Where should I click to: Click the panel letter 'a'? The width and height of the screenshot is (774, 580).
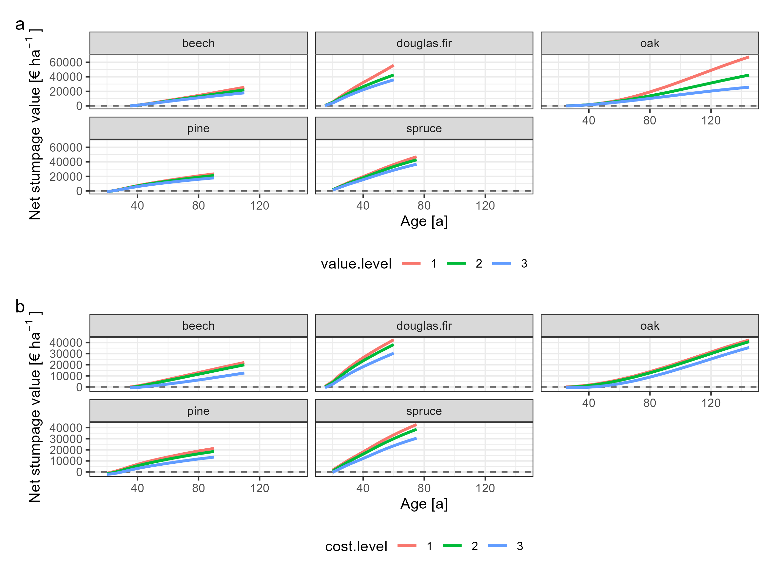click(x=20, y=25)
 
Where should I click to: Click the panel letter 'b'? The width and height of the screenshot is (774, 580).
click(x=20, y=307)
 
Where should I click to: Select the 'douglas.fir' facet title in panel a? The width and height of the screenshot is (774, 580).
click(x=424, y=43)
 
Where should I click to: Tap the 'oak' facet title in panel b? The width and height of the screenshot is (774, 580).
click(x=650, y=326)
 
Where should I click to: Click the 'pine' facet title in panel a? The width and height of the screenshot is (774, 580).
click(x=198, y=128)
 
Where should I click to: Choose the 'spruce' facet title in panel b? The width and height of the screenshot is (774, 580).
click(x=424, y=411)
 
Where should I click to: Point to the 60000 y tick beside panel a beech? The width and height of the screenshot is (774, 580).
click(x=66, y=62)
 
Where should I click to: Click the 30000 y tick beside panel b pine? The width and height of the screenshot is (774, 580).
click(x=66, y=439)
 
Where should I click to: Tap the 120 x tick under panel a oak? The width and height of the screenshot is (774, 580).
click(x=711, y=121)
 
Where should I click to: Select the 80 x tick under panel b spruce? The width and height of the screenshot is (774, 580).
click(x=424, y=488)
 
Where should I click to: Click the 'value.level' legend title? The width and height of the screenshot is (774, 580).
click(x=356, y=264)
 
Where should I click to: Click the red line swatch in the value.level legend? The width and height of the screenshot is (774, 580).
click(x=411, y=263)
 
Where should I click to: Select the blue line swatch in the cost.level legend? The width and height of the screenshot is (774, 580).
click(x=497, y=546)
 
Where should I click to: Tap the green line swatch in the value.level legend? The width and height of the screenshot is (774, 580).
click(x=456, y=263)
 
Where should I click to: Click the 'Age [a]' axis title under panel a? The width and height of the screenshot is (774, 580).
click(x=424, y=221)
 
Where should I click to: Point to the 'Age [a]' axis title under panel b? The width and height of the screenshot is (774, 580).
click(x=424, y=504)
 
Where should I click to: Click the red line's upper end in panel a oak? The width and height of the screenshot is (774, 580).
click(x=748, y=57)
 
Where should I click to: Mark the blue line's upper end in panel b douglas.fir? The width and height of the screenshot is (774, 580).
click(x=393, y=353)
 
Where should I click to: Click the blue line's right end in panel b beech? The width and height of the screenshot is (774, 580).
click(x=243, y=373)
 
